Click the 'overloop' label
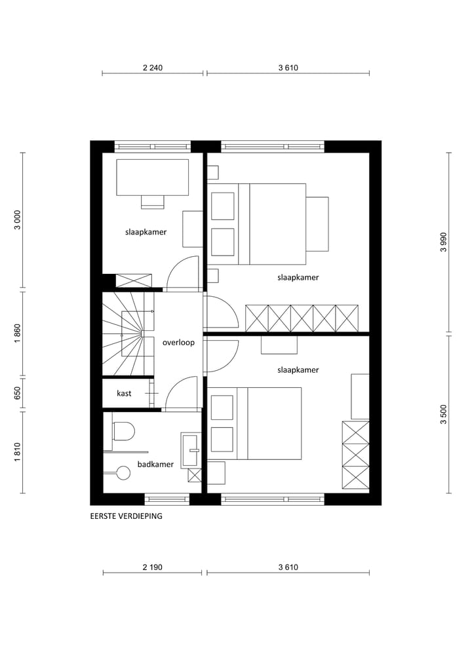178,342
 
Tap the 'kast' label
124,393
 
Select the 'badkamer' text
155,465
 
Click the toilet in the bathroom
122,430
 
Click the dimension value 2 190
152,567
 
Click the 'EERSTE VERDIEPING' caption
126,516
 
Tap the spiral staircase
131,334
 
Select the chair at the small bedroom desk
152,201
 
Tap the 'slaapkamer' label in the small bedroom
146,232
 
